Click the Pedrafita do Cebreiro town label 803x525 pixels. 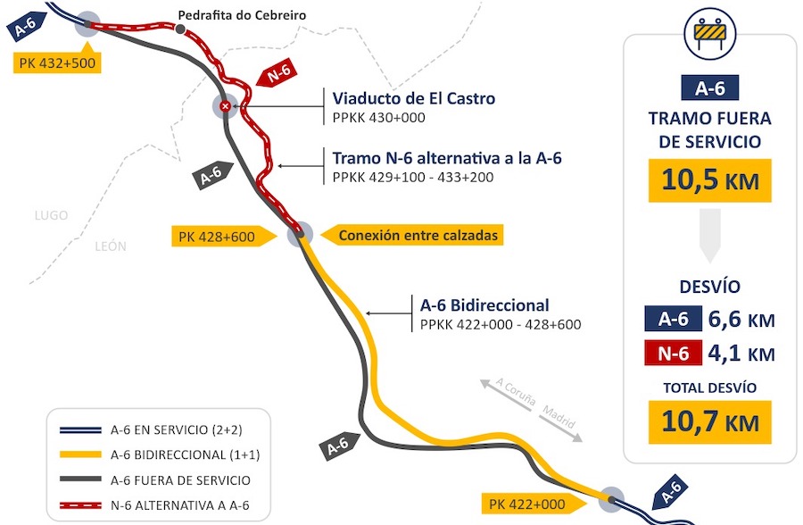[242, 15]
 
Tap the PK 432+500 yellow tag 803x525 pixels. [57, 62]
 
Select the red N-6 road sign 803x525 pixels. [277, 72]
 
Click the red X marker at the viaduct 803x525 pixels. [225, 106]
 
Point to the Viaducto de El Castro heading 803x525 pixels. [414, 98]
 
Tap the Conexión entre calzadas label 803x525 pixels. [412, 236]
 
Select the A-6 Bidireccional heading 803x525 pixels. [484, 305]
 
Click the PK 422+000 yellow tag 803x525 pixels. [534, 504]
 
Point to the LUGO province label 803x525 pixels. [51, 215]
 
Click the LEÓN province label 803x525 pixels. [111, 246]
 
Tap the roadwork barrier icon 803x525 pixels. [710, 33]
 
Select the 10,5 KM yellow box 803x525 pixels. [710, 180]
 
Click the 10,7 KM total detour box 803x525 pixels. [710, 422]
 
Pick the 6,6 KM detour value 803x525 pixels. [741, 320]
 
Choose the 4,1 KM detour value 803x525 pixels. [741, 354]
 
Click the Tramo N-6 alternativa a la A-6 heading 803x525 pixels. [447, 158]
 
